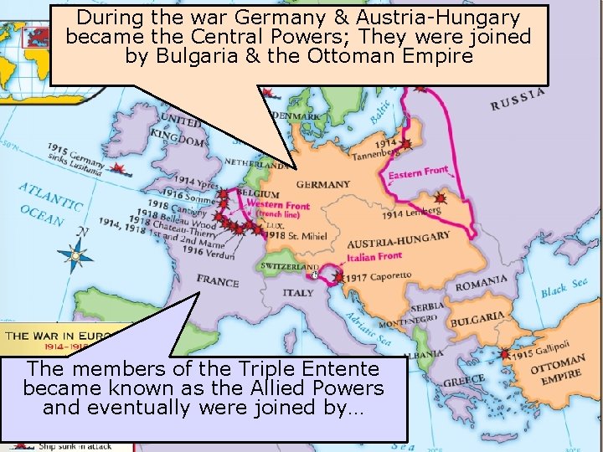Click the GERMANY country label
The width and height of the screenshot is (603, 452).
[x=323, y=184]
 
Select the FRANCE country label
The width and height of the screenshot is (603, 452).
[x=218, y=281]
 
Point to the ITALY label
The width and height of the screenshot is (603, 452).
[x=297, y=293]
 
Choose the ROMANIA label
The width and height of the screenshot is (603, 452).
[x=481, y=282]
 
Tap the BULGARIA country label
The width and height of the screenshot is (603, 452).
[x=477, y=319]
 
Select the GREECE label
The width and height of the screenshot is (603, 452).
[x=463, y=380]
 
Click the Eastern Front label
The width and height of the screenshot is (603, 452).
[x=418, y=174]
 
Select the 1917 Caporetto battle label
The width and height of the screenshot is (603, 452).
[x=378, y=275]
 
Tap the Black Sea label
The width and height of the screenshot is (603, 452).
[x=564, y=288]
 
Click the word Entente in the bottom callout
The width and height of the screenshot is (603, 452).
[x=332, y=369]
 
